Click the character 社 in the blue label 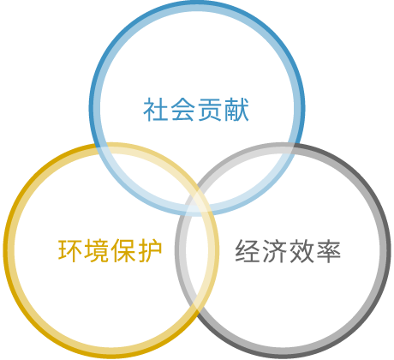point(156,110)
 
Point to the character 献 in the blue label point(236,110)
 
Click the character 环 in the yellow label point(70,251)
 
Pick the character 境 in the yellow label point(97,251)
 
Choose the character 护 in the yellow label point(151,251)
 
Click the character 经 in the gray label point(248,251)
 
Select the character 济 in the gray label point(274,251)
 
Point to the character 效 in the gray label point(301,251)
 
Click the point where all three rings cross point(197,204)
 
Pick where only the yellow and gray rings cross point(198,307)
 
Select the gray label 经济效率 point(288,251)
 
